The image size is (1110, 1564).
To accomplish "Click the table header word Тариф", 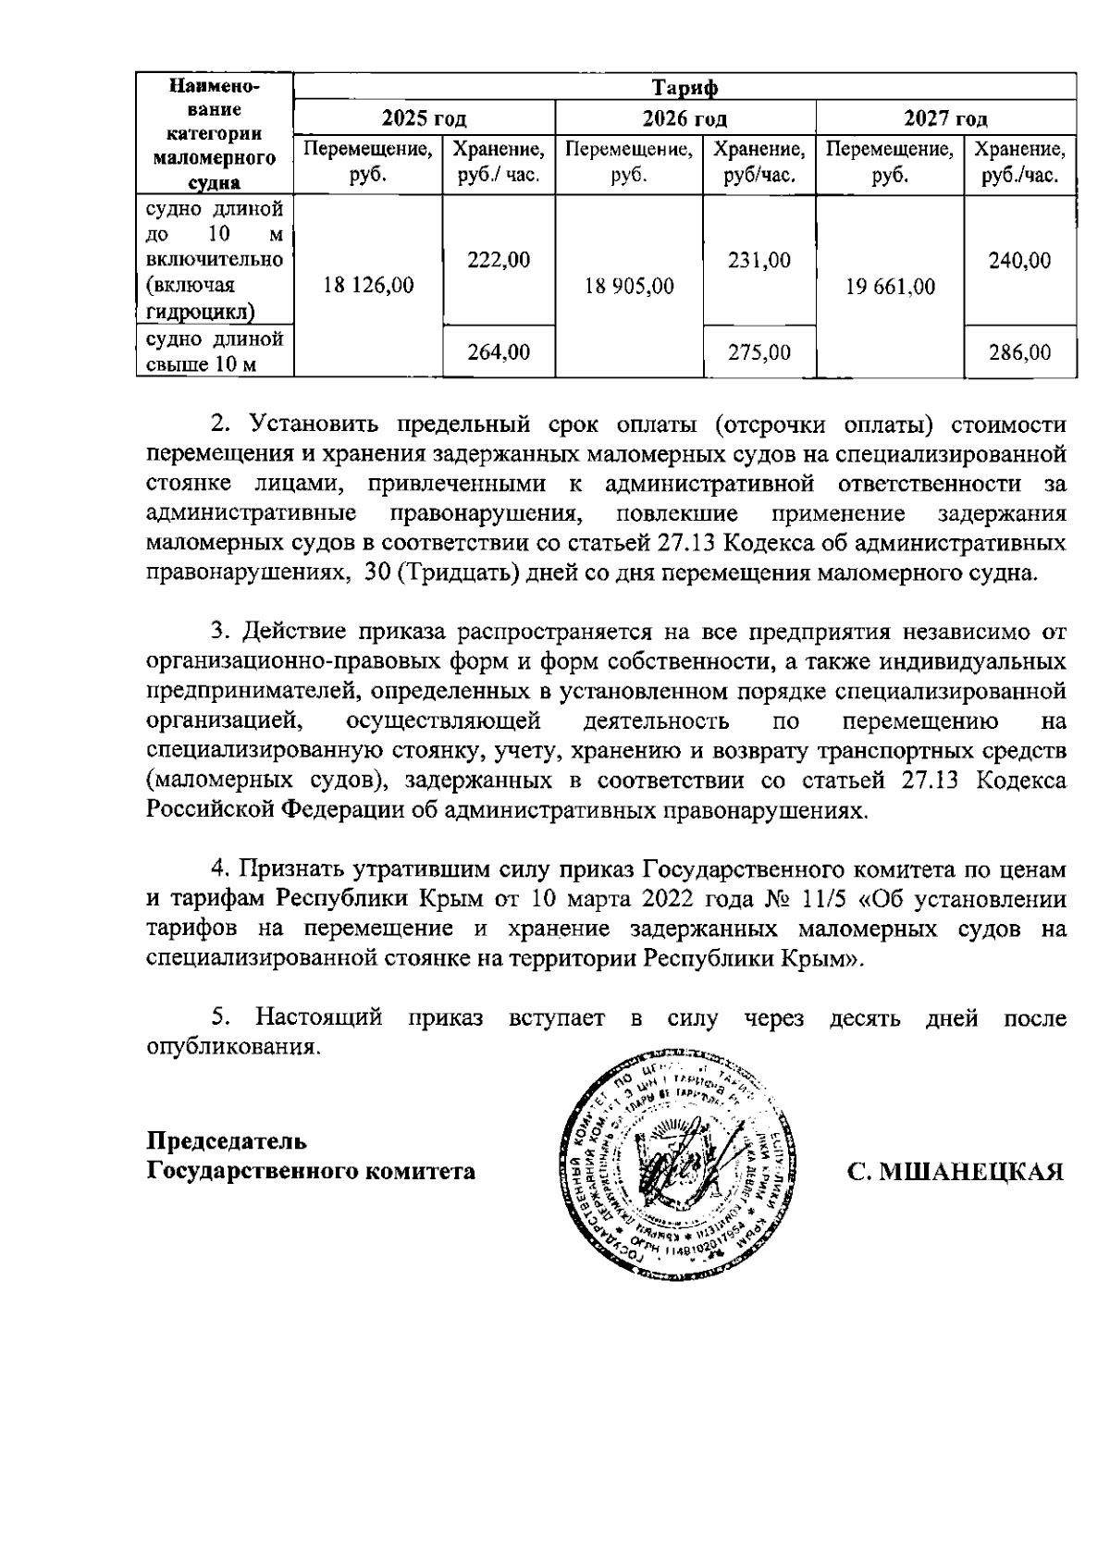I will tap(684, 88).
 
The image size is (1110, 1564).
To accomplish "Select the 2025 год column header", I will tap(424, 118).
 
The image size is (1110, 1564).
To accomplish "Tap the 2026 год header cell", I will tap(684, 118).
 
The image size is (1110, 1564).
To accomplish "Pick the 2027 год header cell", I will tap(945, 118).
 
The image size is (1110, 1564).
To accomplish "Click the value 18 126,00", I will tap(368, 286).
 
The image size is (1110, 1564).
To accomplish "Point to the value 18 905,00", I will tap(629, 286).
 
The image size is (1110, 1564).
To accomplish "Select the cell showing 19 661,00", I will tap(890, 287).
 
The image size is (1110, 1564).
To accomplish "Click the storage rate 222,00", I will tap(499, 261).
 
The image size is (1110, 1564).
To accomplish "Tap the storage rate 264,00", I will tap(499, 352).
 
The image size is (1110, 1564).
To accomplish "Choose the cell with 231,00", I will tap(759, 261).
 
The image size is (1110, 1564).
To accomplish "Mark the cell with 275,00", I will tap(759, 352).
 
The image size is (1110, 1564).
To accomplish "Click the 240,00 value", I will tap(1019, 261).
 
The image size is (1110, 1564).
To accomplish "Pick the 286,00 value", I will tap(1019, 352).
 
